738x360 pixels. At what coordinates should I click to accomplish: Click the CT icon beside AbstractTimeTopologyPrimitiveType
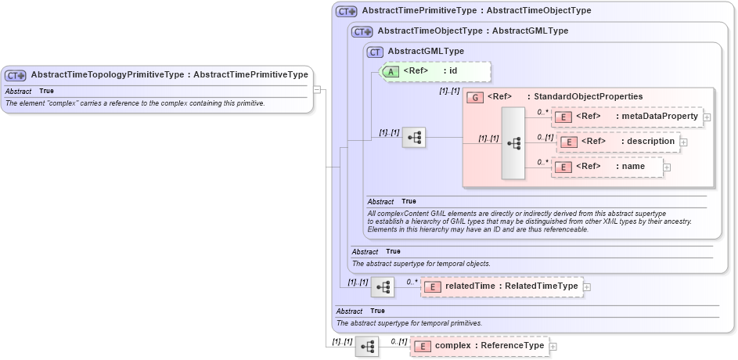pyautogui.click(x=16, y=76)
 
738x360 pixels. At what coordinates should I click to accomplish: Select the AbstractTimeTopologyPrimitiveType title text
pyautogui.click(x=168, y=75)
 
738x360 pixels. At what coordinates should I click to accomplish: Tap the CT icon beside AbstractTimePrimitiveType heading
pyautogui.click(x=346, y=12)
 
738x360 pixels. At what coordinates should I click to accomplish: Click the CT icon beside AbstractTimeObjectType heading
pyautogui.click(x=362, y=31)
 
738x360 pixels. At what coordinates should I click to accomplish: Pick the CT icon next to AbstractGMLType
pyautogui.click(x=376, y=52)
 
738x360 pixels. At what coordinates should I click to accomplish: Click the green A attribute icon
pyautogui.click(x=390, y=71)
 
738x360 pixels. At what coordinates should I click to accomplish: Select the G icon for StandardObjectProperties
pyautogui.click(x=473, y=97)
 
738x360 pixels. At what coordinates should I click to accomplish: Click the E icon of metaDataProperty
pyautogui.click(x=562, y=117)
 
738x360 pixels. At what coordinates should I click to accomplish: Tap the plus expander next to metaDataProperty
pyautogui.click(x=707, y=117)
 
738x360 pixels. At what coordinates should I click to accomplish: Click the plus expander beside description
pyautogui.click(x=683, y=142)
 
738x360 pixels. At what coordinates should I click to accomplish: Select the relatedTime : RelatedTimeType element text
pyautogui.click(x=511, y=286)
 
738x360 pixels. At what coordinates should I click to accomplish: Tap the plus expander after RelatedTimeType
pyautogui.click(x=587, y=287)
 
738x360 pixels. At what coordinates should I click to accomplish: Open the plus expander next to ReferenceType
pyautogui.click(x=553, y=346)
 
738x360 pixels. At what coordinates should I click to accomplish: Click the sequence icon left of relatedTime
pyautogui.click(x=383, y=287)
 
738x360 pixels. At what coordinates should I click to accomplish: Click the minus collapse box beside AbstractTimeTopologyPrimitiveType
pyautogui.click(x=318, y=88)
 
